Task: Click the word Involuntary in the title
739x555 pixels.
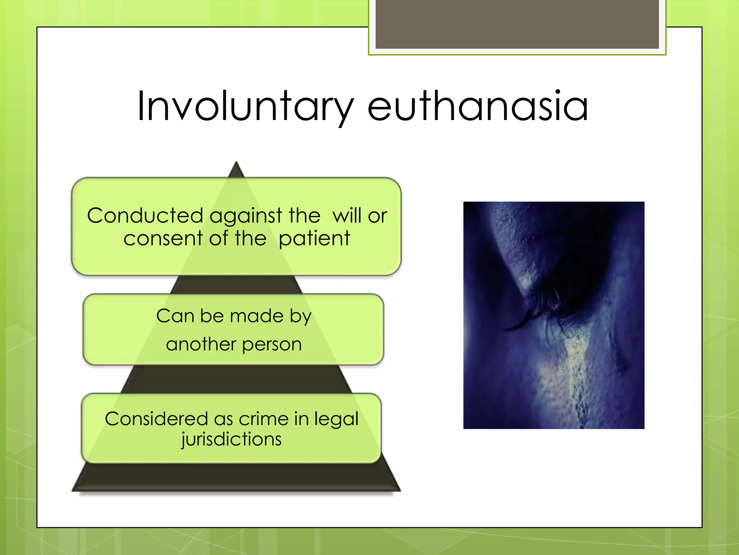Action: coord(245,107)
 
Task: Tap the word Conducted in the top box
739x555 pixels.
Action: coord(145,216)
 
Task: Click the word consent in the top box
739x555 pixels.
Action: coord(163,238)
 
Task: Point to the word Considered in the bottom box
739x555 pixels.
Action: coord(156,419)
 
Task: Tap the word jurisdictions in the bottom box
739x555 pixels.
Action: coord(231,440)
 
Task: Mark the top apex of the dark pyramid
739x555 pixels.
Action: coord(236,163)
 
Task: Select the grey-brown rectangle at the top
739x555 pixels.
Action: coord(517,25)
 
